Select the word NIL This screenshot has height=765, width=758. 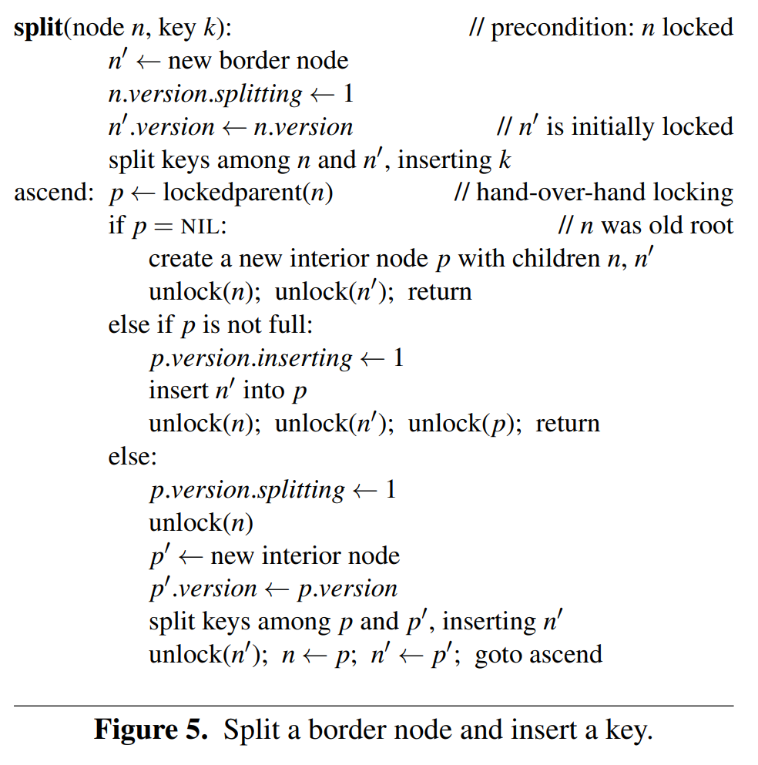tap(203, 227)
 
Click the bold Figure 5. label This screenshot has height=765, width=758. tap(151, 729)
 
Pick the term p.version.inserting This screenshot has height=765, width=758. tap(250, 358)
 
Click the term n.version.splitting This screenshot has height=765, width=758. tap(206, 94)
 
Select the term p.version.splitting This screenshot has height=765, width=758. tap(247, 490)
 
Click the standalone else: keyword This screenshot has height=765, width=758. tap(132, 457)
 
